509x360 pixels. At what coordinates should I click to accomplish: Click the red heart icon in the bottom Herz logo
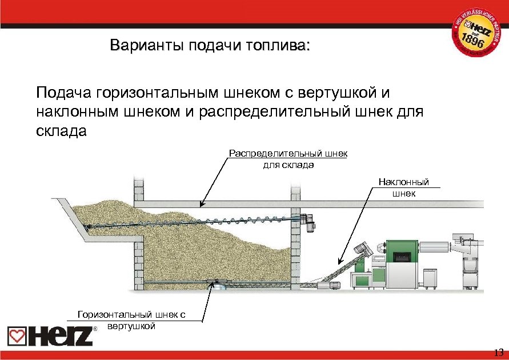[16, 336]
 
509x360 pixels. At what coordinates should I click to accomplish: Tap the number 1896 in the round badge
[474, 41]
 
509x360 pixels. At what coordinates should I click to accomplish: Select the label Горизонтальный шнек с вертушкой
[132, 319]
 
